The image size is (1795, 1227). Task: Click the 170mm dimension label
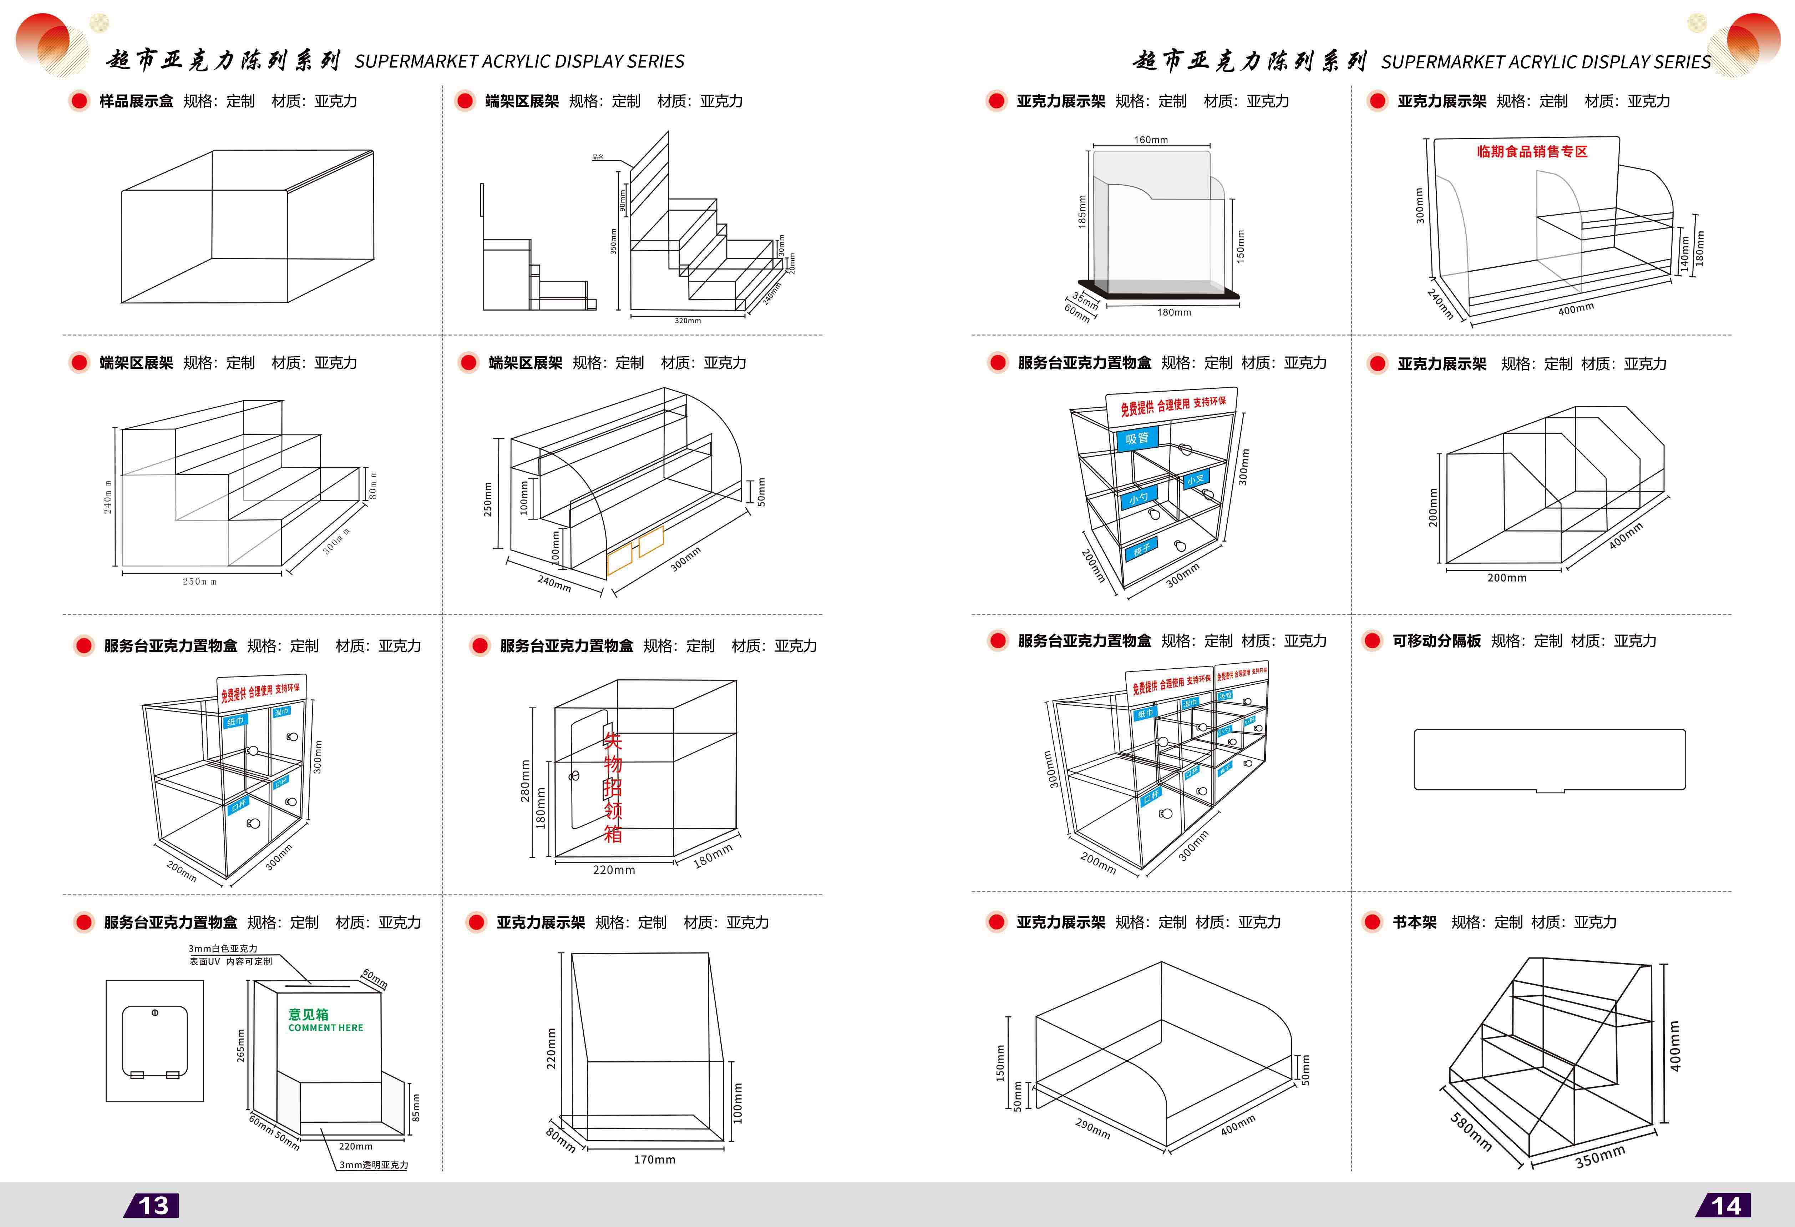(x=654, y=1159)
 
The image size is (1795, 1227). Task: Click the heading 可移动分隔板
(x=1437, y=640)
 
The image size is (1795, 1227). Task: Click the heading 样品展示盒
(x=136, y=101)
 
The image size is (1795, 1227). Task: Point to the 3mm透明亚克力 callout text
(x=374, y=1165)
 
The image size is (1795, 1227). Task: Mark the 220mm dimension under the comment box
(x=355, y=1146)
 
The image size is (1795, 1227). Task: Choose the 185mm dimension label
(x=1082, y=211)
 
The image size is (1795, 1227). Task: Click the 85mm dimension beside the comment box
(x=416, y=1107)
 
